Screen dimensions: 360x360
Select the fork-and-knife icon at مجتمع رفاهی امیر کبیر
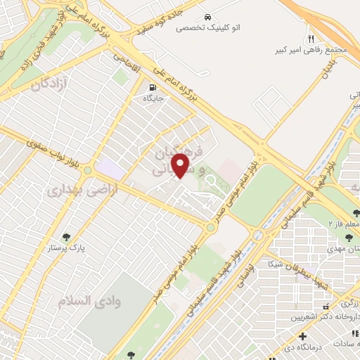(311, 39)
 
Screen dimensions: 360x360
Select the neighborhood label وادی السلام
(82, 300)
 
